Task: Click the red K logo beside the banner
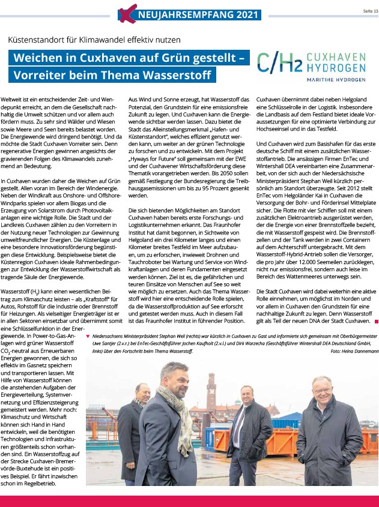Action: click(x=123, y=13)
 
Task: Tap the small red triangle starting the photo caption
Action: click(x=89, y=327)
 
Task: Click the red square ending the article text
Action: click(x=376, y=322)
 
